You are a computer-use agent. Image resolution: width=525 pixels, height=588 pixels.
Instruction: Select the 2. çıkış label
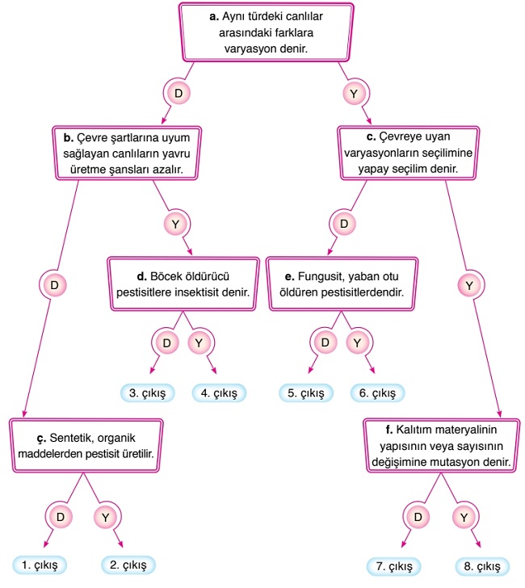[x=128, y=565]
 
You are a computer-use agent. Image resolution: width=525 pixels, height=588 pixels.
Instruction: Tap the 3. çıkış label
[x=148, y=393]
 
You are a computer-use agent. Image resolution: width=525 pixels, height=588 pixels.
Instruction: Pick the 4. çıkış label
[x=219, y=393]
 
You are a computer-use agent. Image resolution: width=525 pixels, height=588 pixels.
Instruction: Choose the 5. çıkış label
[x=306, y=393]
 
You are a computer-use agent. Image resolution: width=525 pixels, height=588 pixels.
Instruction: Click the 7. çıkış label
[x=397, y=565]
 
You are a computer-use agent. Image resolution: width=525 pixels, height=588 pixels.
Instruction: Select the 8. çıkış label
[x=482, y=565]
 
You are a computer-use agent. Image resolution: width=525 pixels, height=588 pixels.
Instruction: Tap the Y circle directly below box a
[x=354, y=94]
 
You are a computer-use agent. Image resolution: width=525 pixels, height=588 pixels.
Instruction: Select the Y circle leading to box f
[x=468, y=285]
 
